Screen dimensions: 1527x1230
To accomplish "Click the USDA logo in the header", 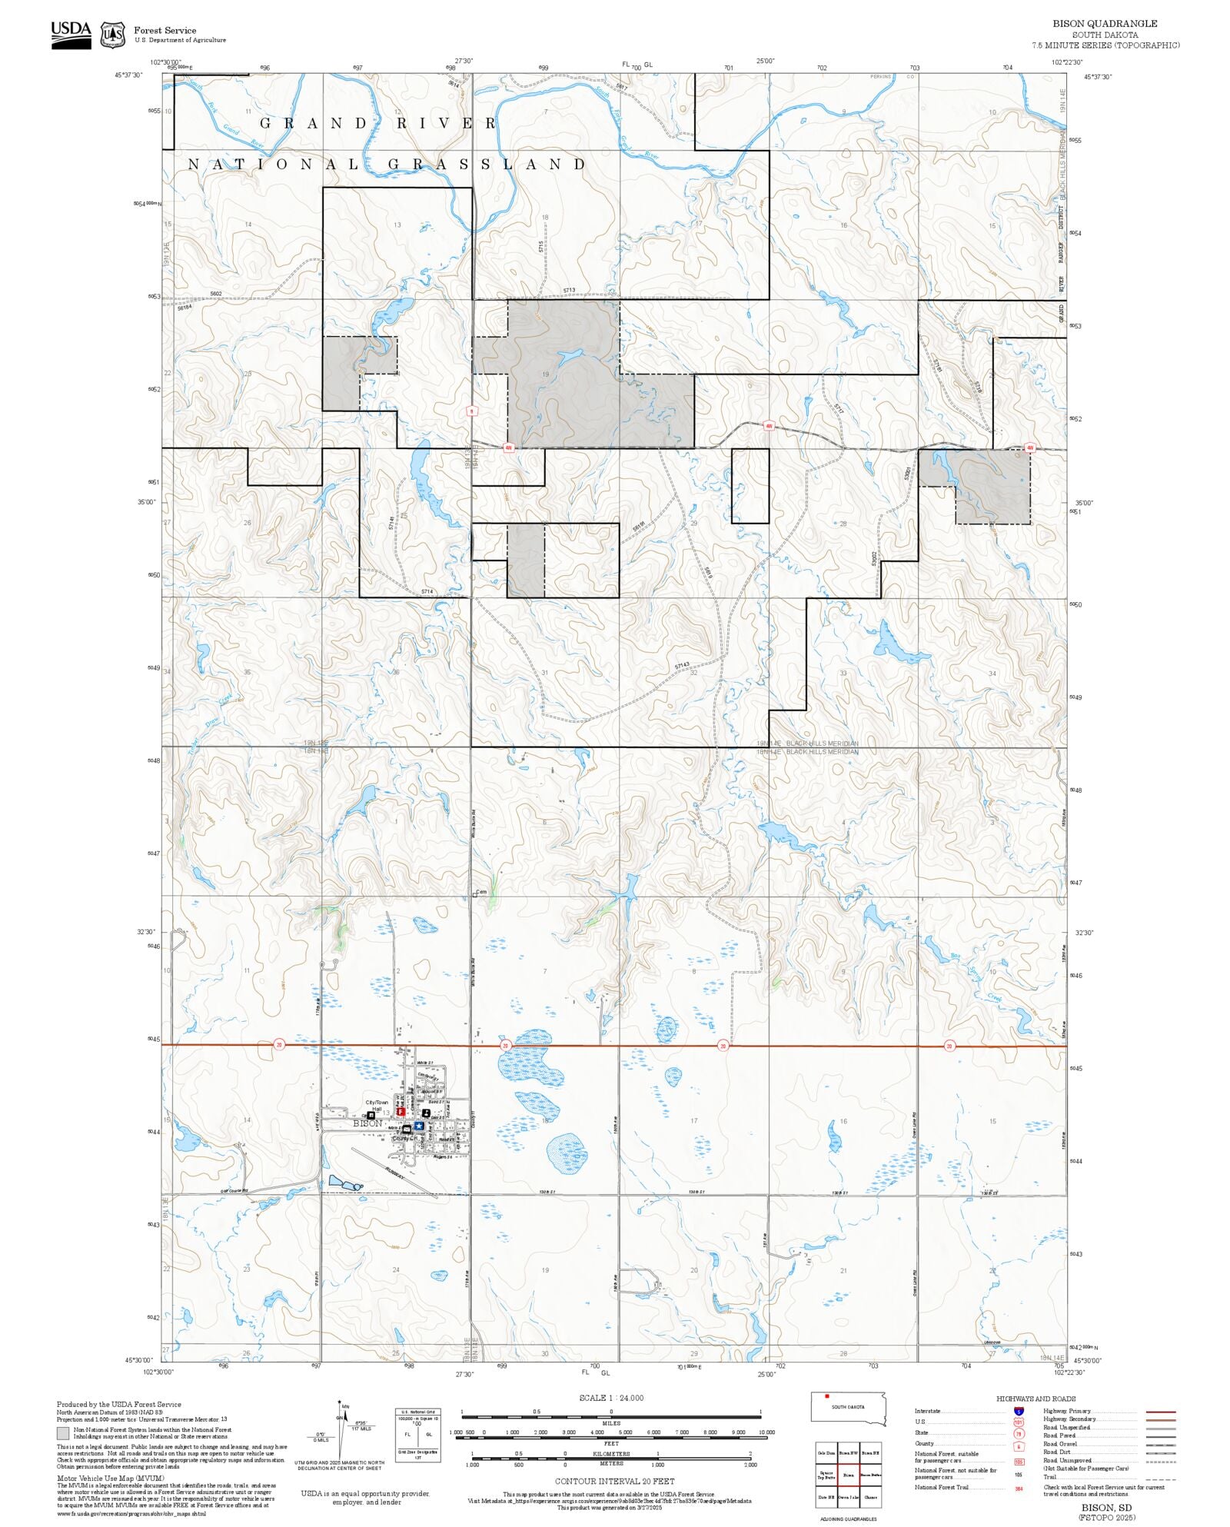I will pos(71,35).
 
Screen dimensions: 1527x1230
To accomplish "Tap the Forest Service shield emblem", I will pos(113,35).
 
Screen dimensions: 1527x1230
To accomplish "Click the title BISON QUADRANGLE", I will pos(1105,24).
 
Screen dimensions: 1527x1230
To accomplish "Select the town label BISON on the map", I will pos(367,1123).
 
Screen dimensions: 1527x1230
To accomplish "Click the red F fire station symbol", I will pos(401,1111).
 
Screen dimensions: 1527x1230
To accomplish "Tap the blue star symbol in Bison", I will pos(418,1126).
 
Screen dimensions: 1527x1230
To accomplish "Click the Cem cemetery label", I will pos(481,893).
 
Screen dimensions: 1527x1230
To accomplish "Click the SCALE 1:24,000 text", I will pos(611,1398).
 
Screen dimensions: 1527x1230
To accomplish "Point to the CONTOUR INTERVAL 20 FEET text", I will pos(614,1481).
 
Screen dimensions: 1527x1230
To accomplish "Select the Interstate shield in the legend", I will pos(1019,1412).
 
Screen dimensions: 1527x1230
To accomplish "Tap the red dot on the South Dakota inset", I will pos(826,1396).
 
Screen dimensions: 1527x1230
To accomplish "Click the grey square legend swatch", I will pos(62,1433).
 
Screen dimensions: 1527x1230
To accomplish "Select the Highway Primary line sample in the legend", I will pos(1160,1412).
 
